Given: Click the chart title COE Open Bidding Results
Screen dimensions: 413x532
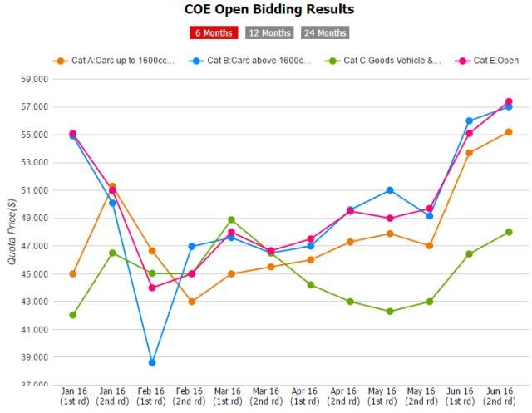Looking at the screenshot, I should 268,10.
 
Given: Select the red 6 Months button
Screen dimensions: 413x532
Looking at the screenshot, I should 214,33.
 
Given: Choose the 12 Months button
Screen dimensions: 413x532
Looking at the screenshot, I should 268,33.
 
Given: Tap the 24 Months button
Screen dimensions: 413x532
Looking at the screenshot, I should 325,33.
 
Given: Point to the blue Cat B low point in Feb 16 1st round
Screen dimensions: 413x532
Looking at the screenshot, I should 152,362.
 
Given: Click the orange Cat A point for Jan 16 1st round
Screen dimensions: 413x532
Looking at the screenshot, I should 73,273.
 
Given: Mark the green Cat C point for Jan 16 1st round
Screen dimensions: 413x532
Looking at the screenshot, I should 73,315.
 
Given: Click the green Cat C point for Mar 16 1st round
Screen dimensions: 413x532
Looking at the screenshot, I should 231,220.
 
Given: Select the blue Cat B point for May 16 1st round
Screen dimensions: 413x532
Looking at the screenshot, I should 390,190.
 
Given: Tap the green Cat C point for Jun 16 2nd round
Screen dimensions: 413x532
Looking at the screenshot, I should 509,232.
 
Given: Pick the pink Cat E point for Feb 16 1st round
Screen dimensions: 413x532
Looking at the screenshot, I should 152,288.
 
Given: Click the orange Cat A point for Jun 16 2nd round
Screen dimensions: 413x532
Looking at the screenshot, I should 509,132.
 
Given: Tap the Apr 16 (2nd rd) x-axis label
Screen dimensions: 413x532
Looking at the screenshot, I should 350,396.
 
